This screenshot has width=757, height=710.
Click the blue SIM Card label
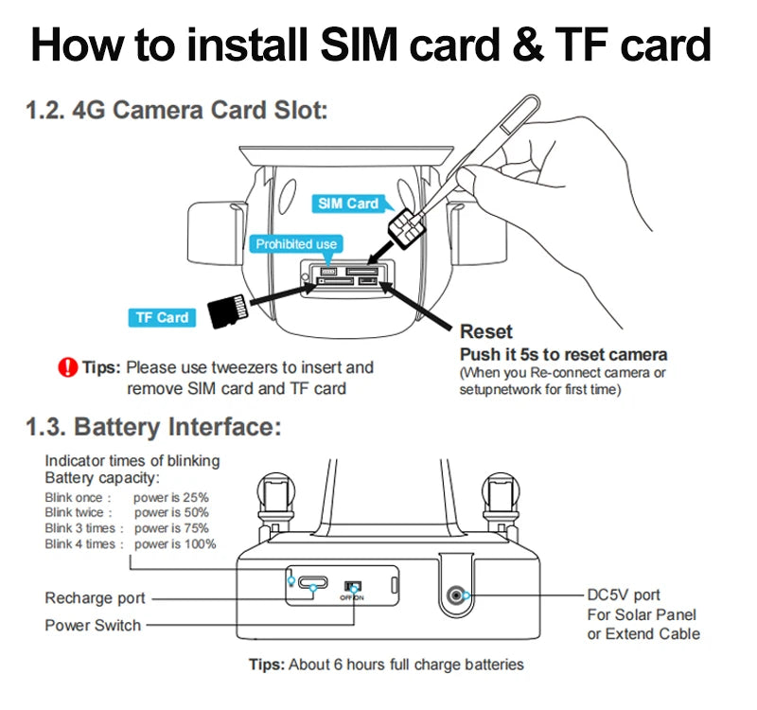point(348,204)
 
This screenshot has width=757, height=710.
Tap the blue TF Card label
point(161,317)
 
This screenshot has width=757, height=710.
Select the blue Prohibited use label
point(296,244)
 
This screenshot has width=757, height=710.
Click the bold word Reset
point(486,332)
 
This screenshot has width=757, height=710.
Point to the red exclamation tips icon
point(67,367)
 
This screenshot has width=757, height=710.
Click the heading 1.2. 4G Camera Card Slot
point(176,111)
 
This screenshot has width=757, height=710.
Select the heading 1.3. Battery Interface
point(153,427)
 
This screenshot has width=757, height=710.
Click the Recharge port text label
point(96,598)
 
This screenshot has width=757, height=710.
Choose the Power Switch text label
point(93,625)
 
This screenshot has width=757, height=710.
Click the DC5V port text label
point(624,595)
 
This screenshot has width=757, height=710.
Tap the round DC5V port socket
point(459,595)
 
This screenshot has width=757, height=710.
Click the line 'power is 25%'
point(171,496)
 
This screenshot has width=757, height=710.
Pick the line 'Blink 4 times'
point(80,544)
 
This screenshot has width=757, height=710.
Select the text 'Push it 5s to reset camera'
point(563,355)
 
